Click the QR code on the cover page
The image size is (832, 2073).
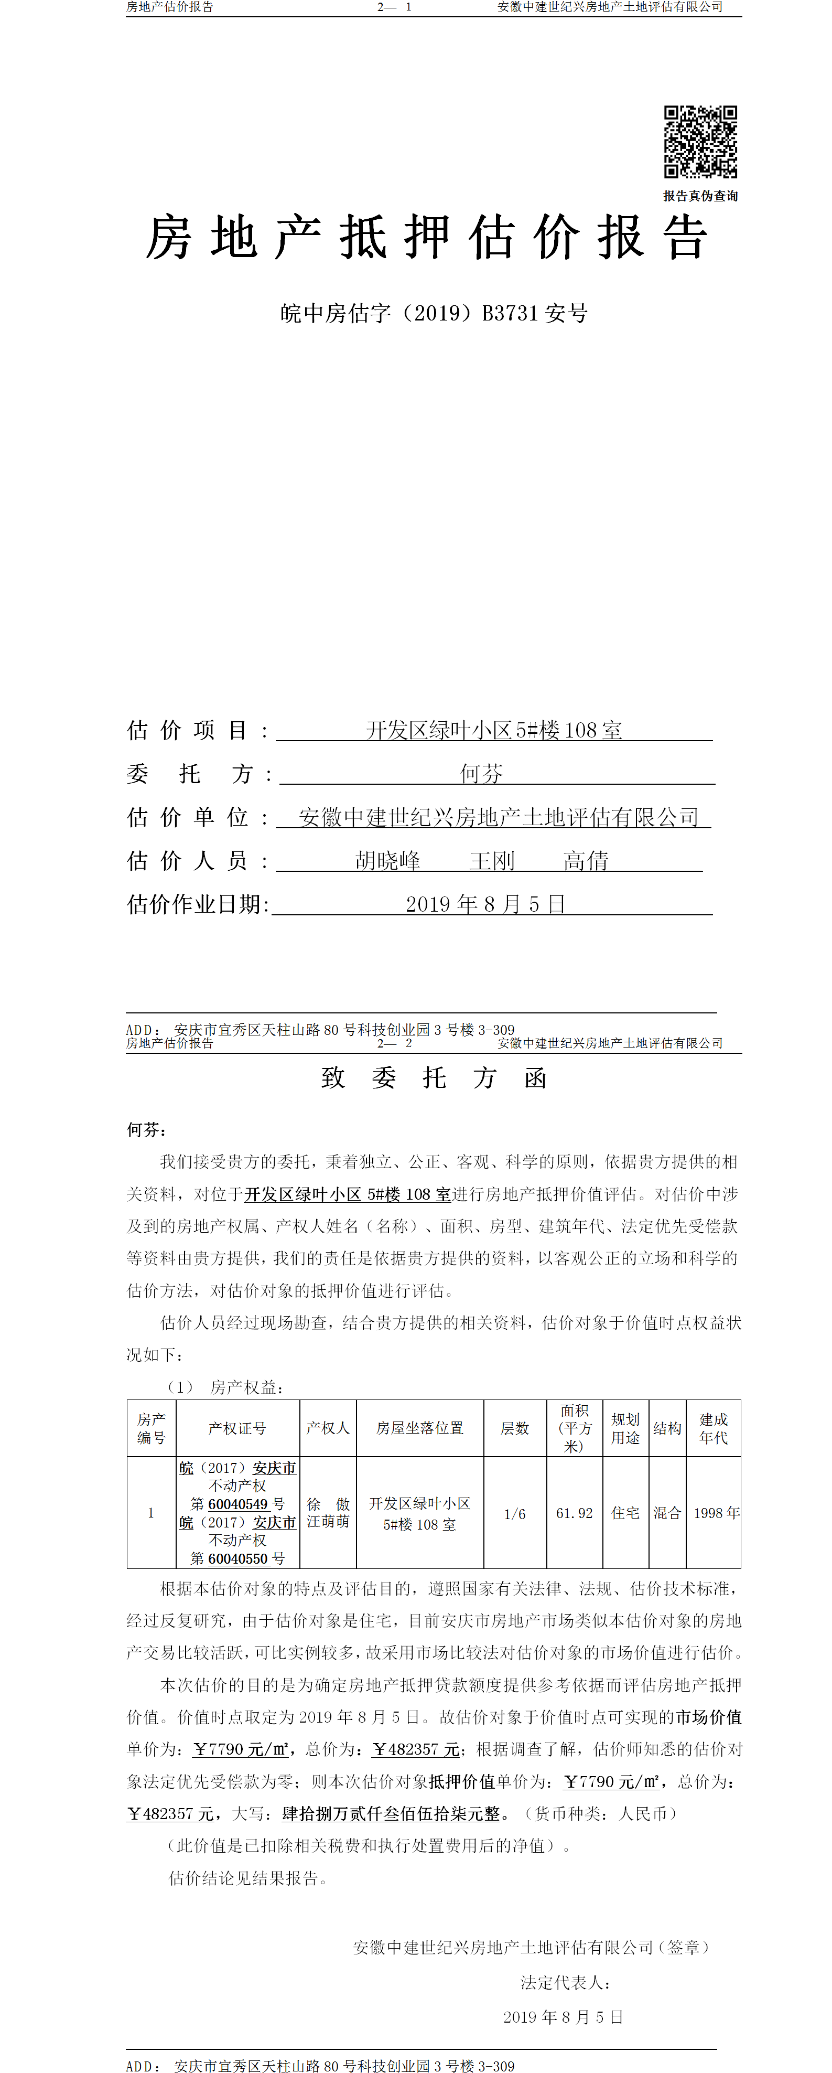(x=700, y=142)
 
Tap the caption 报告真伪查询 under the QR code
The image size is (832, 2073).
(x=700, y=196)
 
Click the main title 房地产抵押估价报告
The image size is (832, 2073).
(x=426, y=238)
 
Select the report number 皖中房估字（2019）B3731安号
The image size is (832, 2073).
(x=434, y=313)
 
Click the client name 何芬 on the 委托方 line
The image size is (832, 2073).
(x=481, y=774)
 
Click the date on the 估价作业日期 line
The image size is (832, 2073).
(x=485, y=904)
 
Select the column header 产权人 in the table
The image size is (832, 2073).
(x=328, y=1428)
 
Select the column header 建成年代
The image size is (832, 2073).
(x=713, y=1428)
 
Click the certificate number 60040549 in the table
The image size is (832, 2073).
(x=237, y=1504)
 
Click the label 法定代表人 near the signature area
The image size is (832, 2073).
(x=565, y=1982)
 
